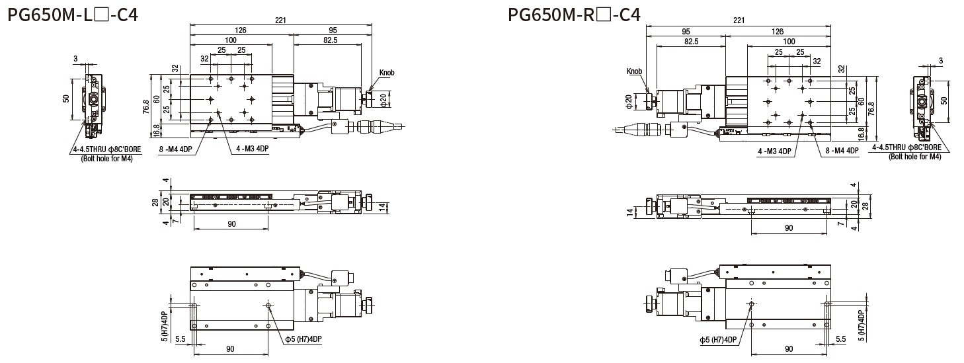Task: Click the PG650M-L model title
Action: [x=73, y=14]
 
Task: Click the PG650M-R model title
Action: [x=574, y=14]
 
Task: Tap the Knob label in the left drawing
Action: [x=387, y=73]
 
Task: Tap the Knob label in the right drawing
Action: [x=634, y=71]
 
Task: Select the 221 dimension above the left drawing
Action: [x=280, y=20]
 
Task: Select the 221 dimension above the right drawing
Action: [x=738, y=20]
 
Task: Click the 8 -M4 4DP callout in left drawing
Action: [x=175, y=149]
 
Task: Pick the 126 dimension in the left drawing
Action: [x=231, y=30]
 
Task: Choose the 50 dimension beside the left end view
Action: [x=66, y=98]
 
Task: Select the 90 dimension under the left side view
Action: [x=231, y=224]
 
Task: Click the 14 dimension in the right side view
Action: [x=631, y=212]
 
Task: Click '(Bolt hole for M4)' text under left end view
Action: [x=106, y=159]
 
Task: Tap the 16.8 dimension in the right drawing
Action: [x=862, y=134]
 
